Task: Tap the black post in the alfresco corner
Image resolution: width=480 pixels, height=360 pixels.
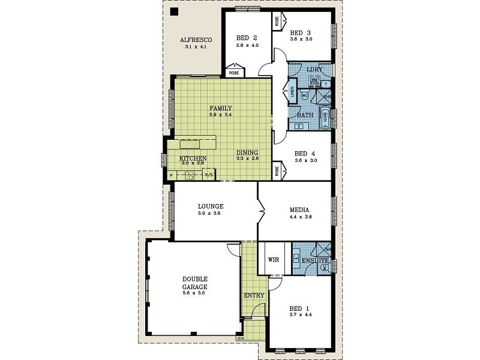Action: coord(173,12)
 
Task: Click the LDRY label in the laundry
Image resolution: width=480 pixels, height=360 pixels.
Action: coord(314,70)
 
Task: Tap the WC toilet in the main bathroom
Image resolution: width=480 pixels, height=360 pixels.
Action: coord(305,95)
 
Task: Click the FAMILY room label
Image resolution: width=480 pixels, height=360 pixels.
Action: coord(220,108)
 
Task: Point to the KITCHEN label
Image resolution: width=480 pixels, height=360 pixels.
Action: coord(193,158)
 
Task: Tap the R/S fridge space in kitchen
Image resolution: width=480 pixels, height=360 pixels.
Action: coord(208,175)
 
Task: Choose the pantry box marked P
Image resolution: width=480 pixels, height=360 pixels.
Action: coord(172,175)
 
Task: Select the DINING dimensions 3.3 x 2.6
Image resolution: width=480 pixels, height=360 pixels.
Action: coord(247,158)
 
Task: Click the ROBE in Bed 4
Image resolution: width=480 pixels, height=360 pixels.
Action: coord(278,170)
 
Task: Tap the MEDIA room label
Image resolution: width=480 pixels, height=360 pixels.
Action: coord(299,210)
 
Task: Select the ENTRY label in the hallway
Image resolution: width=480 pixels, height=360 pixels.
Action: coord(254,295)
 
